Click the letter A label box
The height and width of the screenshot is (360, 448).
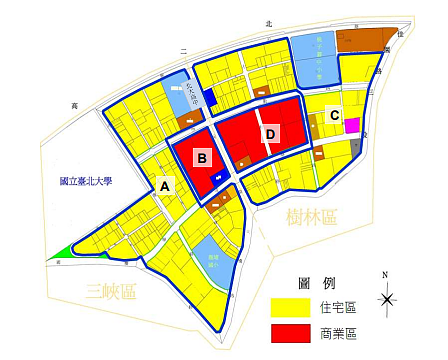coord(165,185)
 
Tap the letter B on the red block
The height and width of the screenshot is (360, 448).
coord(202,157)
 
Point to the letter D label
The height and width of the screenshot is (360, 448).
coord(269,133)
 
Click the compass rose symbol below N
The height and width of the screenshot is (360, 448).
coord(387,298)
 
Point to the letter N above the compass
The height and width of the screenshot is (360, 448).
coord(387,274)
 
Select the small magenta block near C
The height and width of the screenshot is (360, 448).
coord(352,126)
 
